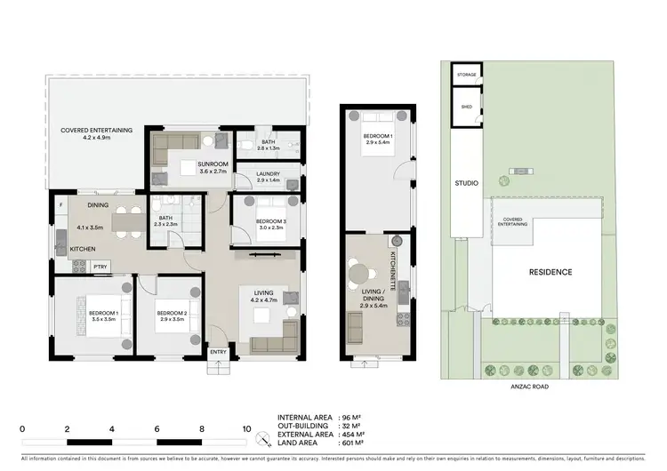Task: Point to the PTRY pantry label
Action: coord(100,265)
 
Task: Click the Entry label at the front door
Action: coord(218,353)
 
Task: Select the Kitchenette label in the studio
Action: coord(391,265)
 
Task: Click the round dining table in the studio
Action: coord(359,274)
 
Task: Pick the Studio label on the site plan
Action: coord(467,183)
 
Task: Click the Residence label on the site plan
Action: coord(550,272)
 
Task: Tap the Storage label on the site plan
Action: coord(467,75)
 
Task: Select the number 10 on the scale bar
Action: coord(246,429)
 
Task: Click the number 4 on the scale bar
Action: coord(112,429)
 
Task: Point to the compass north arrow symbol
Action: coord(262,438)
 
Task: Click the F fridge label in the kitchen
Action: coord(61,205)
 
